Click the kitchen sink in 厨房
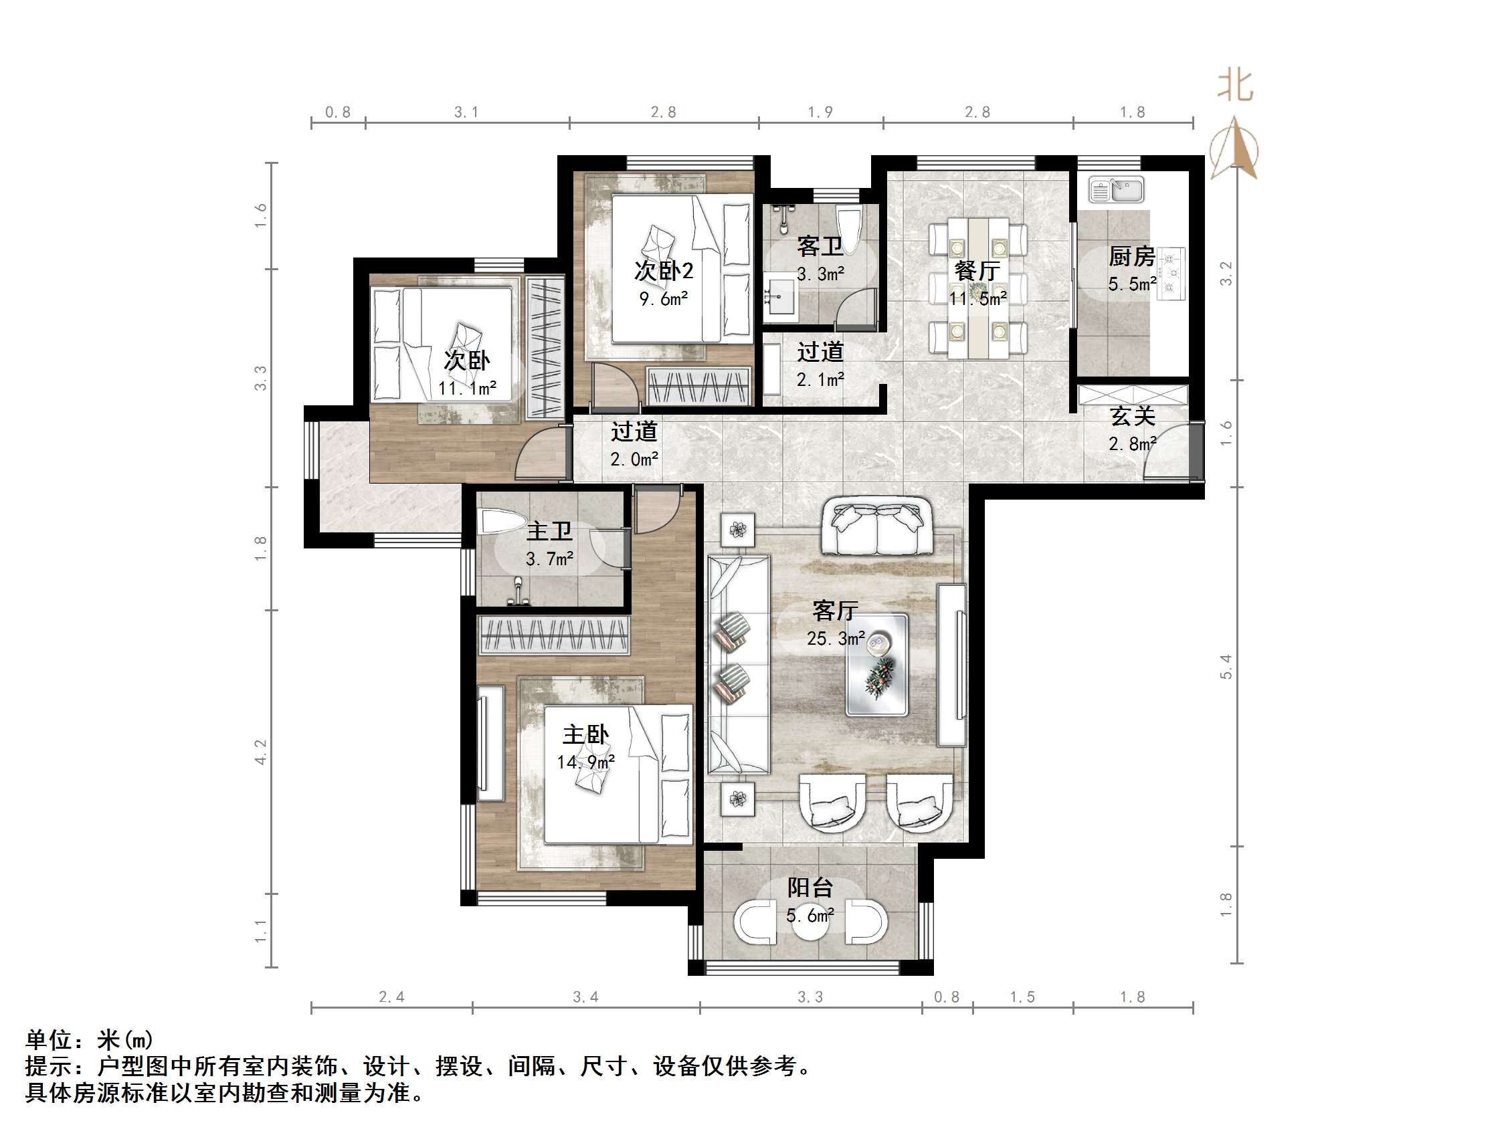(x=1115, y=189)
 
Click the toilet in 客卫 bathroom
(x=850, y=223)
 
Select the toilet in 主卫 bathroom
(x=501, y=522)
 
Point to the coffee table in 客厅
(x=876, y=665)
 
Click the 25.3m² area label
(x=836, y=639)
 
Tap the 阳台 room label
(x=810, y=887)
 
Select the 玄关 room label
(x=1133, y=416)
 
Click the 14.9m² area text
(x=585, y=762)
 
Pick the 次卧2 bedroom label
(x=663, y=271)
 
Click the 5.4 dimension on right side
(x=1226, y=666)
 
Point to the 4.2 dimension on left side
(x=260, y=751)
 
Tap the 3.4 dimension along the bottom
(x=585, y=997)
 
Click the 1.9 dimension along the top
(x=820, y=112)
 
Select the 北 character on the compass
(x=1234, y=86)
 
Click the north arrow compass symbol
(x=1234, y=148)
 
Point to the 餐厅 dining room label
(x=977, y=271)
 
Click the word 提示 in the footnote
(x=49, y=1065)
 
